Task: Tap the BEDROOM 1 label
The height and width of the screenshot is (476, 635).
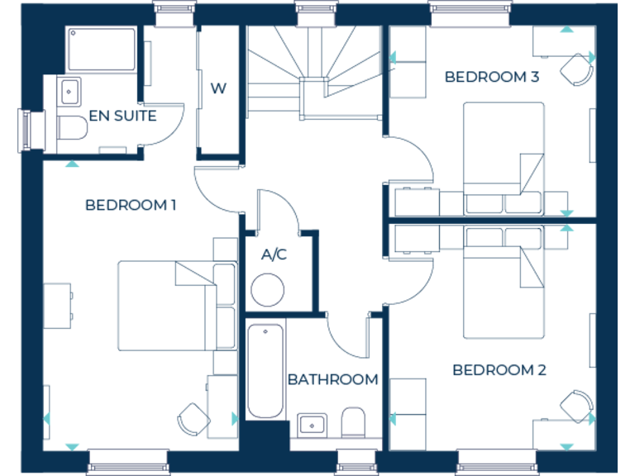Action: pos(131,204)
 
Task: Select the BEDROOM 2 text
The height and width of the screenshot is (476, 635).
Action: pos(499,369)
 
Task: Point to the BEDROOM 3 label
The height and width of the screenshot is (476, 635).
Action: pos(491,77)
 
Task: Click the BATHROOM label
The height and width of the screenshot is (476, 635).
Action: pos(332,379)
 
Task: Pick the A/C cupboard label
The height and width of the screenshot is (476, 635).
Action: pos(274,254)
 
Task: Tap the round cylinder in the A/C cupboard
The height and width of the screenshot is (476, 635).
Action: pos(268,290)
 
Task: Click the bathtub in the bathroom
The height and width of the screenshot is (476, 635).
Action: pos(265,371)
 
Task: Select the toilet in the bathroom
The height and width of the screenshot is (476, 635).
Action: pos(353,421)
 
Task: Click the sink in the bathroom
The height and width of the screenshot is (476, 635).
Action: pos(312,425)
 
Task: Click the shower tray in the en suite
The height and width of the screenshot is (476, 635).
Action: pos(103,50)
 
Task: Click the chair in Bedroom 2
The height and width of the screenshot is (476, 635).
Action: pos(576,406)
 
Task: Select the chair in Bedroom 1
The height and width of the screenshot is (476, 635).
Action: pos(193,418)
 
